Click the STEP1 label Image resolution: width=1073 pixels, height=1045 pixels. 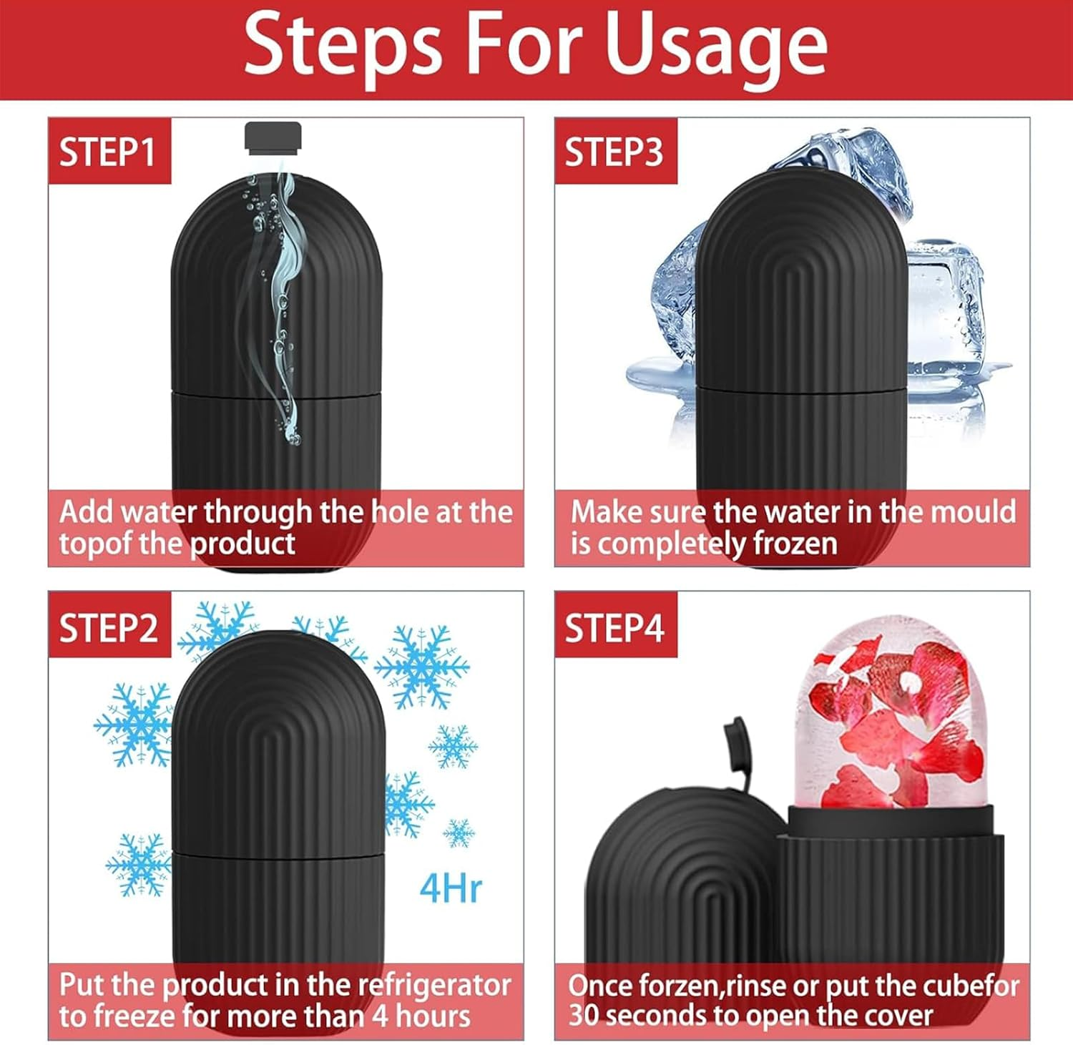click(107, 152)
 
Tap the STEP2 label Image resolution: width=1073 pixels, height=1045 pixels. click(108, 627)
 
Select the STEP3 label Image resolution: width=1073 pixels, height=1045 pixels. click(614, 152)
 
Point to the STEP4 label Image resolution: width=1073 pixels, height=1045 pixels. click(614, 627)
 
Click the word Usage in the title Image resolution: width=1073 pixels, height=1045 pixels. click(715, 46)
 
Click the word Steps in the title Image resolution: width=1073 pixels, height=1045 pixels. click(343, 46)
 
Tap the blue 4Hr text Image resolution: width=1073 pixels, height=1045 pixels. click(450, 889)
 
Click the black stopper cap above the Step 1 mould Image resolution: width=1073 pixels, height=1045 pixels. click(273, 138)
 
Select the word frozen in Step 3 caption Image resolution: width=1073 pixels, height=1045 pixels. click(794, 544)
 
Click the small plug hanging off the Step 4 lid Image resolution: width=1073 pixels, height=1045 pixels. click(735, 740)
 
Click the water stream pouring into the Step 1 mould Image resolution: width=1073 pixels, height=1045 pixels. click(283, 286)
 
